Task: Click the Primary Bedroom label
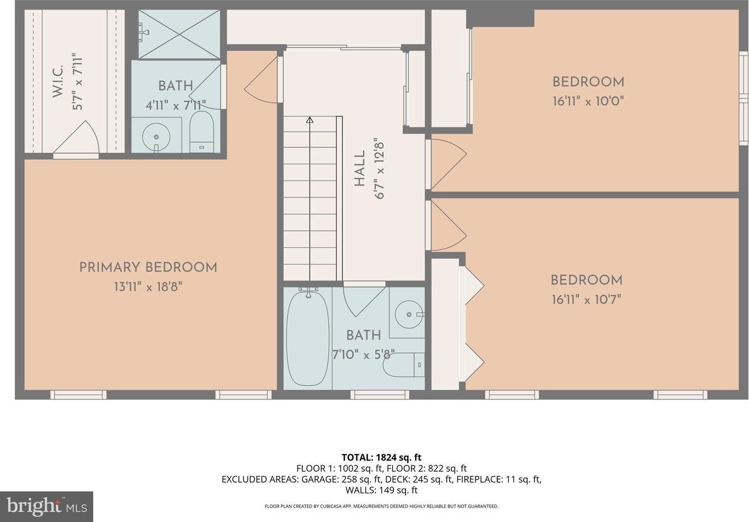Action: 148,267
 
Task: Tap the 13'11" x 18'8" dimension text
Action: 148,287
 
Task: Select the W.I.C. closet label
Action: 58,81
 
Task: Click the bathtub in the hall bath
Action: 307,338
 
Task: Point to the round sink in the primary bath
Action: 156,136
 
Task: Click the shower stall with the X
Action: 179,34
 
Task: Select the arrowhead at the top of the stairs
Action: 310,120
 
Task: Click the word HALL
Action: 359,169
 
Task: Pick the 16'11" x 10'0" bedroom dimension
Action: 588,101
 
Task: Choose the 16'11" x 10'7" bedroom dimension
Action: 586,299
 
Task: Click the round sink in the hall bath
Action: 409,314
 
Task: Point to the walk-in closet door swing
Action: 77,139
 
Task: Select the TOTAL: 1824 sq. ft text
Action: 381,457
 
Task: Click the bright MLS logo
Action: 47,507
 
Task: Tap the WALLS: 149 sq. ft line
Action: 381,490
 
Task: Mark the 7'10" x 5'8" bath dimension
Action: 364,354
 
